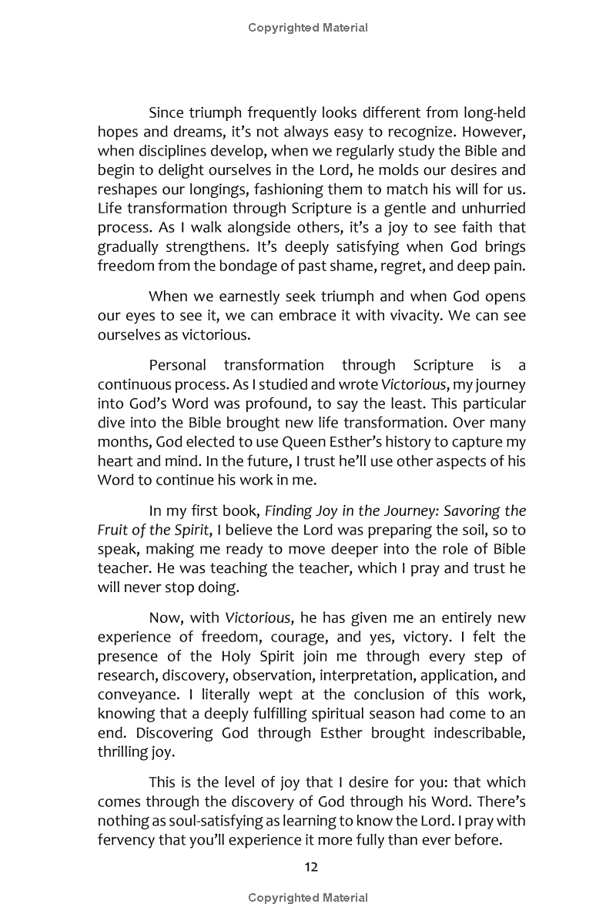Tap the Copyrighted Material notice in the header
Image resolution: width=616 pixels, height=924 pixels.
point(308,28)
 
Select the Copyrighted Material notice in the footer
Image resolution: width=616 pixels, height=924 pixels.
point(308,898)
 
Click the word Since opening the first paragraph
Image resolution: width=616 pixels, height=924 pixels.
point(167,113)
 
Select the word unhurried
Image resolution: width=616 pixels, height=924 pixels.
point(488,207)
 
